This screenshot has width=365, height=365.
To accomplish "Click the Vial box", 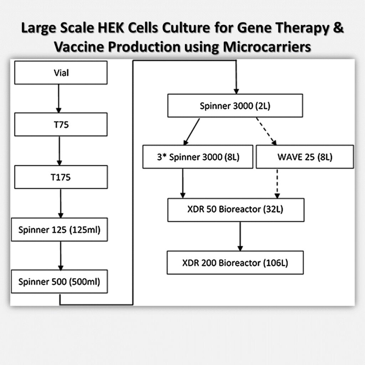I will point(61,73).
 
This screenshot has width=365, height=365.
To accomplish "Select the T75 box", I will point(61,124).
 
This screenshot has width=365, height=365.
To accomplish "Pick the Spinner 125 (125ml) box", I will point(59,230).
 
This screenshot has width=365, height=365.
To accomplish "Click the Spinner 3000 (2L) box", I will point(235,106).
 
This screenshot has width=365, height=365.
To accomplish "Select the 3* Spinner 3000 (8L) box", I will point(198,156).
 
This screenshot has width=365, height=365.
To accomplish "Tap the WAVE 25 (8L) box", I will point(305,156).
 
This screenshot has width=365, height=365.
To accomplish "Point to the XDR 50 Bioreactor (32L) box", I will point(236,209).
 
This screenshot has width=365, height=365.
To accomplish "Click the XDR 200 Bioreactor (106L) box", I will point(235,263).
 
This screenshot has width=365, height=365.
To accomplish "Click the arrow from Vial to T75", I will point(58,98).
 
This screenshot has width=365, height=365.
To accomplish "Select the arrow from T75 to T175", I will point(59,150).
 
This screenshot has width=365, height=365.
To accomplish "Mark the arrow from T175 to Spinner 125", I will point(61,203).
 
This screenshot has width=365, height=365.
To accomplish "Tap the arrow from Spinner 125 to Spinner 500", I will point(60,256).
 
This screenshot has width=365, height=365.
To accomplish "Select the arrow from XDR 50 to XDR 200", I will point(240,236).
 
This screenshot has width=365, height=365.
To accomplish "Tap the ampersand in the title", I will point(339,29).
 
